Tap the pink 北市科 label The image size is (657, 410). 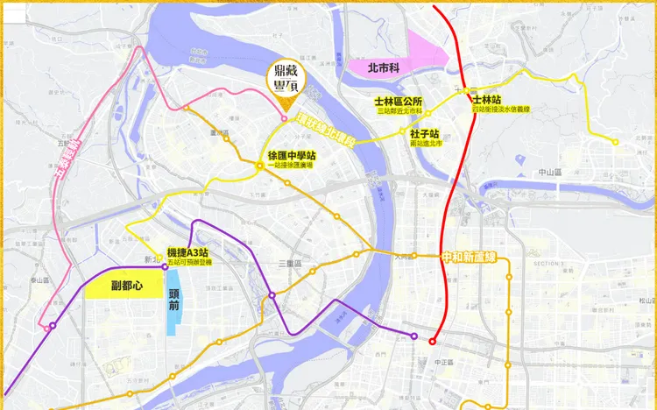click(x=382, y=66)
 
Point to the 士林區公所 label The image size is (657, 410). click(x=399, y=102)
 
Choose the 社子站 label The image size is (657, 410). click(x=423, y=133)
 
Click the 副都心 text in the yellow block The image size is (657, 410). click(x=126, y=285)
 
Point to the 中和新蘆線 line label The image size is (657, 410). click(x=470, y=258)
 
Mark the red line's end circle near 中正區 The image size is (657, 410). click(x=433, y=341)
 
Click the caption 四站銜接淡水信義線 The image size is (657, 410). click(x=501, y=110)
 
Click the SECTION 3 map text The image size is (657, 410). click(x=551, y=264)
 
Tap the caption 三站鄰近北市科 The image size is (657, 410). click(x=399, y=112)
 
